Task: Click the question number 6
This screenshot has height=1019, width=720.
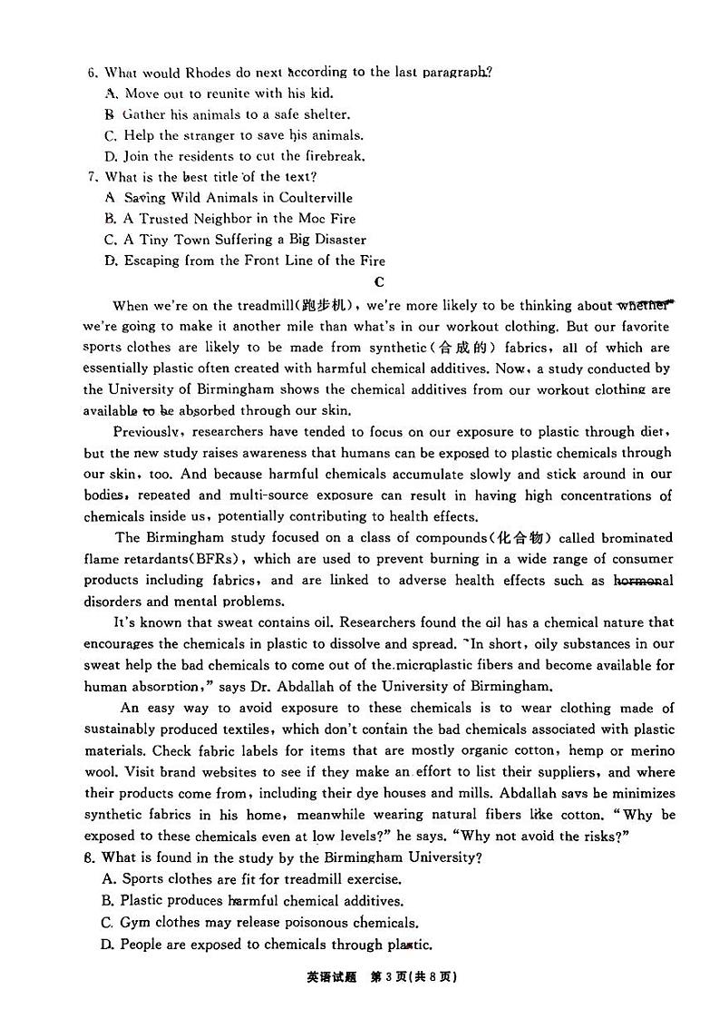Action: (91, 73)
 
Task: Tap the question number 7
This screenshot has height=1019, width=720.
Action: (91, 177)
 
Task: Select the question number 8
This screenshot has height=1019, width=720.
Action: (90, 857)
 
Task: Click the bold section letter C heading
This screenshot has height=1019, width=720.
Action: (379, 282)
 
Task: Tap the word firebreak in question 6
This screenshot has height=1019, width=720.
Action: (332, 156)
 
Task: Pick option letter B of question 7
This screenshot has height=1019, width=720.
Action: (110, 219)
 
